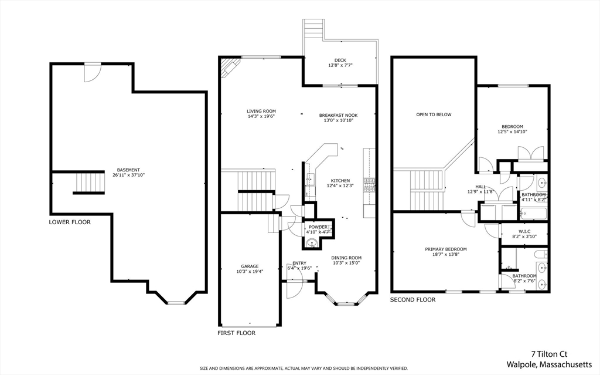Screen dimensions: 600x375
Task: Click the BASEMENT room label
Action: pos(128,170)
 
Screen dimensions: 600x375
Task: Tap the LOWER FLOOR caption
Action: pos(70,222)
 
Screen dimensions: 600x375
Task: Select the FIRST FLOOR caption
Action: pos(237,333)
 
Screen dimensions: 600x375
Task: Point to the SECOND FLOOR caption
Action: pos(412,299)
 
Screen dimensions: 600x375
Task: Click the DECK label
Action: pos(340,60)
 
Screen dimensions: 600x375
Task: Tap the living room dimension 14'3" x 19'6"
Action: pos(261,116)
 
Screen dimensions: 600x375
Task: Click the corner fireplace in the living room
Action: pos(229,67)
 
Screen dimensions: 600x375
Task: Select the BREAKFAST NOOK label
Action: pos(338,115)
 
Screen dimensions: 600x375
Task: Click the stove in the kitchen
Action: pos(369,185)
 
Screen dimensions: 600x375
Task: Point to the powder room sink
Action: pos(312,243)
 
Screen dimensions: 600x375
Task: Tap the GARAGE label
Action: pos(250,266)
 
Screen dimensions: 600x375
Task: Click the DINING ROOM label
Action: pos(346,258)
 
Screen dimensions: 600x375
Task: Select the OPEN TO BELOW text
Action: pos(434,114)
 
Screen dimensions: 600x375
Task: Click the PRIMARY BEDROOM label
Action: pos(446,249)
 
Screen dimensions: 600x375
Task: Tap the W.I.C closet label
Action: pos(524,231)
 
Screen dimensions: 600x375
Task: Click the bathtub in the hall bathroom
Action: pos(533,213)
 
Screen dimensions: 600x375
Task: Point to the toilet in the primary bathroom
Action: pos(540,254)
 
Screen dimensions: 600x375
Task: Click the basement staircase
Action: pos(89,183)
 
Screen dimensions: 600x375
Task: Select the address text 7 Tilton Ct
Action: pos(549,354)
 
